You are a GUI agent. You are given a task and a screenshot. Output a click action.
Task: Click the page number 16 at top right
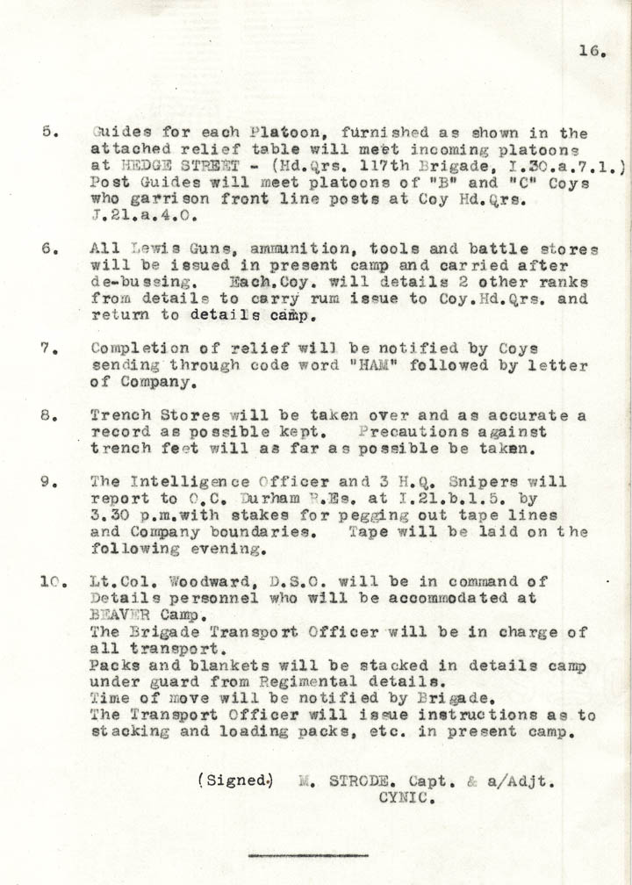point(592,52)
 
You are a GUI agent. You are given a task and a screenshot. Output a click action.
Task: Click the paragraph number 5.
point(49,133)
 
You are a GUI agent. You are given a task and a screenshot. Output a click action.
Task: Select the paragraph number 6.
point(49,249)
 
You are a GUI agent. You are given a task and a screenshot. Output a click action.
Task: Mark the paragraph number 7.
point(49,349)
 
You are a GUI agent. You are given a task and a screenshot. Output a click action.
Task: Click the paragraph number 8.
point(49,416)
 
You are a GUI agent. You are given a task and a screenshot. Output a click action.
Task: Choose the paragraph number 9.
point(49,482)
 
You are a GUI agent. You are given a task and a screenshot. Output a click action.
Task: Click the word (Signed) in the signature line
point(235,779)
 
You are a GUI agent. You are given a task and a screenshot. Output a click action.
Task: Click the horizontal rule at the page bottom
point(307,854)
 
